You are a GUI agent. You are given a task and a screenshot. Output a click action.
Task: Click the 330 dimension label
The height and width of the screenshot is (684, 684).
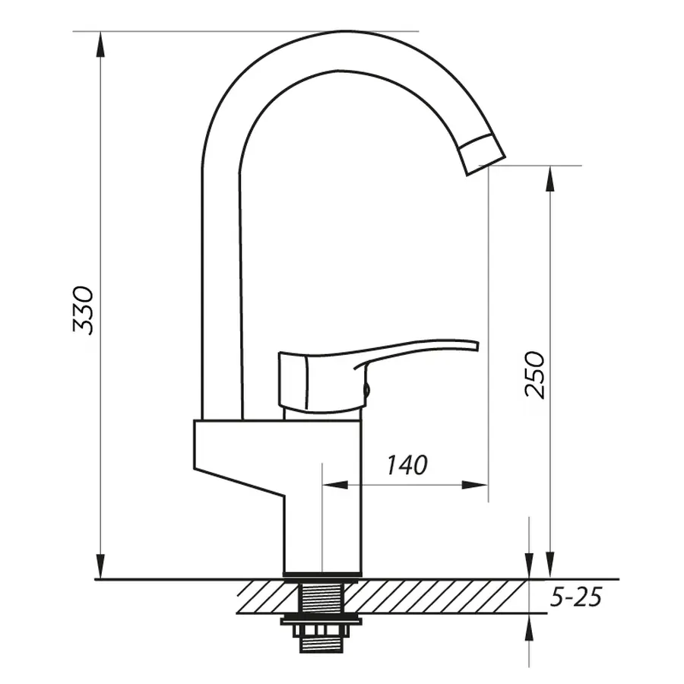(83, 309)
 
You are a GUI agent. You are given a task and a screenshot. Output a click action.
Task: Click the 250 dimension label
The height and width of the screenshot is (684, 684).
(535, 374)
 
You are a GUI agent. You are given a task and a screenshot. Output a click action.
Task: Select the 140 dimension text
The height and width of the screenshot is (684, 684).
(407, 464)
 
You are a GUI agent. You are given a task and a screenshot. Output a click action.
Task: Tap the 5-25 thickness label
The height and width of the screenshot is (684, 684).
(575, 598)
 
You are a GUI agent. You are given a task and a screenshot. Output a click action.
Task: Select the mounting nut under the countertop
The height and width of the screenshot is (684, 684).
(323, 625)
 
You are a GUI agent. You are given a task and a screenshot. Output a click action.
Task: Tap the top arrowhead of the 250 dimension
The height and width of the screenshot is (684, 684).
(549, 176)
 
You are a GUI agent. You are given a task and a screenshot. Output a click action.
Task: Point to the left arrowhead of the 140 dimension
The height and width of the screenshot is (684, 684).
(333, 484)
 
